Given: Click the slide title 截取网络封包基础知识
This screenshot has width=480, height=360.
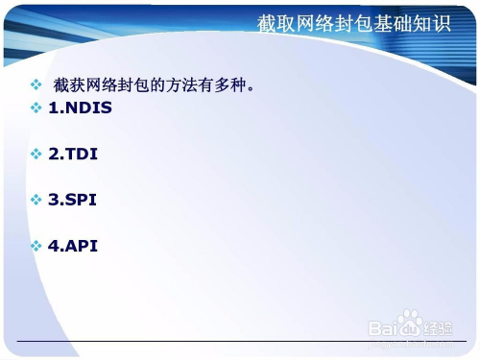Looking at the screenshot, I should click(353, 23).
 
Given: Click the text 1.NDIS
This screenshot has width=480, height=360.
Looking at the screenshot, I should click(80, 108).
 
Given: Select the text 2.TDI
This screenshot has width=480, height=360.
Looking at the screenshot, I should click(73, 154).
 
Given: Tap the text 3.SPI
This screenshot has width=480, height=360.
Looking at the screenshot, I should click(72, 200).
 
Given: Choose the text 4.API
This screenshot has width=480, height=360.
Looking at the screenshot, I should click(73, 246).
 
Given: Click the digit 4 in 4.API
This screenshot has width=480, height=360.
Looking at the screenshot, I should click(54, 246).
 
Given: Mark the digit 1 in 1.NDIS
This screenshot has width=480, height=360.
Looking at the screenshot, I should click(54, 108).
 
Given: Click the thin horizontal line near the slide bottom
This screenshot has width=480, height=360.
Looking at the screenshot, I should click(240, 342).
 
